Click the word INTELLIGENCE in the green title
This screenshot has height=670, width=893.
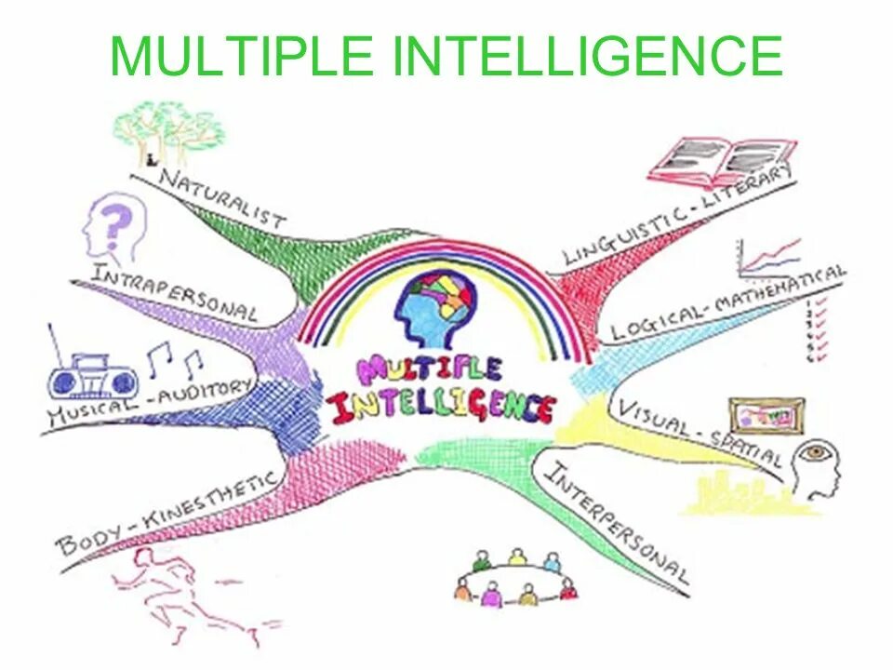[x=588, y=58]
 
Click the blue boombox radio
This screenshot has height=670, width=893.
[x=92, y=376]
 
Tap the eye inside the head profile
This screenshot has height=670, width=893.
[x=817, y=453]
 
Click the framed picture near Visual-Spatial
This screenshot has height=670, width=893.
[x=765, y=415]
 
